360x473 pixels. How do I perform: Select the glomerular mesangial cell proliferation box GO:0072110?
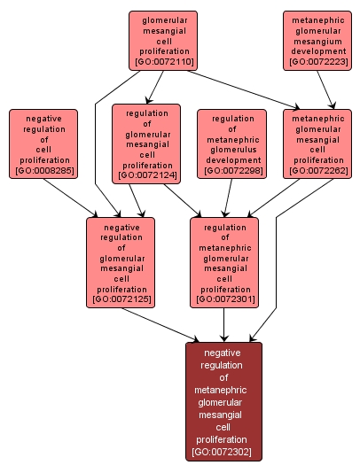(163, 40)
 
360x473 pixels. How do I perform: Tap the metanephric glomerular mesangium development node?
(318, 40)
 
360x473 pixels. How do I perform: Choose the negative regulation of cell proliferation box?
(43, 143)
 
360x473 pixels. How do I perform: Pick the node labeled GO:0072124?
(146, 143)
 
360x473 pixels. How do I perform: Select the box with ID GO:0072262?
(317, 143)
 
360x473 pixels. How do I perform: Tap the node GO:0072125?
(122, 262)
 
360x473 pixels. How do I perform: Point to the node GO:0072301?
(225, 262)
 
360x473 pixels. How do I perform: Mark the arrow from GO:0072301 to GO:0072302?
(224, 324)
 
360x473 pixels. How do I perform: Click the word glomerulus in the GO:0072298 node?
(232, 150)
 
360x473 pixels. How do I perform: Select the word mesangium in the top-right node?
(318, 39)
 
